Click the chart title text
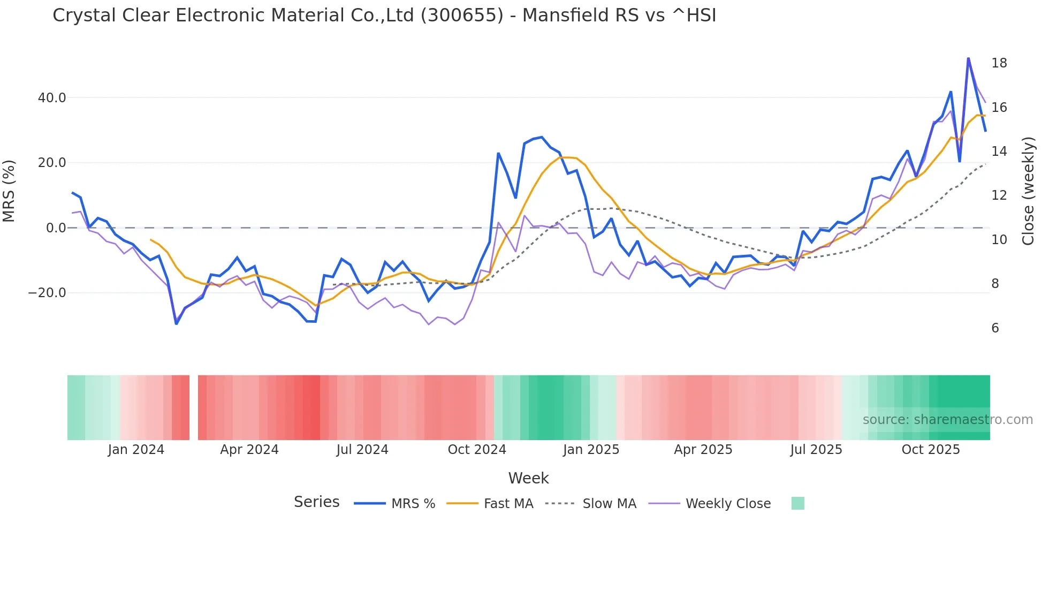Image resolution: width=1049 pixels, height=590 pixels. click(384, 16)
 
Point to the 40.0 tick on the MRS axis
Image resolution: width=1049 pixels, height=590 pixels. click(52, 98)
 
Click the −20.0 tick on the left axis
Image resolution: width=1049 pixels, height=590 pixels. click(47, 293)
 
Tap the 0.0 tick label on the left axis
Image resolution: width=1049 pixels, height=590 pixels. click(56, 228)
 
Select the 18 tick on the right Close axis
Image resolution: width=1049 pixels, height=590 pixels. click(999, 63)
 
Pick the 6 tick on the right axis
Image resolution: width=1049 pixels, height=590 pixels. click(995, 328)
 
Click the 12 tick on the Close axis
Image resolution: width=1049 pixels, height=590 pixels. click(999, 195)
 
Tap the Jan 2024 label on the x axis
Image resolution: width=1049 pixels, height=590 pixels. click(136, 450)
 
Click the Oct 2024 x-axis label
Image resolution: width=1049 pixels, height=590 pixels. click(477, 450)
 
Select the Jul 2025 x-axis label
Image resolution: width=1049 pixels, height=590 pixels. click(816, 450)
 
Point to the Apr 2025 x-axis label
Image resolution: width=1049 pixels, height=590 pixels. click(703, 450)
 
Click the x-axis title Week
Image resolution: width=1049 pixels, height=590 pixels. click(528, 478)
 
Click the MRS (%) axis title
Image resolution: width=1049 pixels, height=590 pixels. click(9, 191)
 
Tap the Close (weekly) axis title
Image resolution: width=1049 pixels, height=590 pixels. click(1028, 191)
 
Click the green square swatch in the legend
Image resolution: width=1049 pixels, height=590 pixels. click(797, 503)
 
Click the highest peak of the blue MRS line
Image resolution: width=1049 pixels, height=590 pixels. click(968, 58)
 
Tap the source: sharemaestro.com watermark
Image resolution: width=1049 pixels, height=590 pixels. click(947, 420)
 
